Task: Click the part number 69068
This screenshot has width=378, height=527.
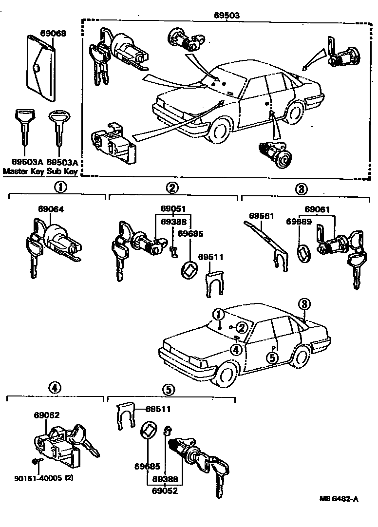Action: click(x=53, y=34)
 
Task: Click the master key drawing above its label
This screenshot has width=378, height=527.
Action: click(x=22, y=129)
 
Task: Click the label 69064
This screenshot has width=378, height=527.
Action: click(x=51, y=209)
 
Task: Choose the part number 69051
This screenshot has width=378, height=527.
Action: click(x=173, y=209)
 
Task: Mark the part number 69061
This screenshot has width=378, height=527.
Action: click(x=318, y=209)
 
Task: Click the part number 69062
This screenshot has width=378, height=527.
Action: click(x=47, y=415)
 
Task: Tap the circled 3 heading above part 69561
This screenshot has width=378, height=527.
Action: click(x=301, y=188)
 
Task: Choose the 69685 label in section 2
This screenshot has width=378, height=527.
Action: click(x=189, y=233)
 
